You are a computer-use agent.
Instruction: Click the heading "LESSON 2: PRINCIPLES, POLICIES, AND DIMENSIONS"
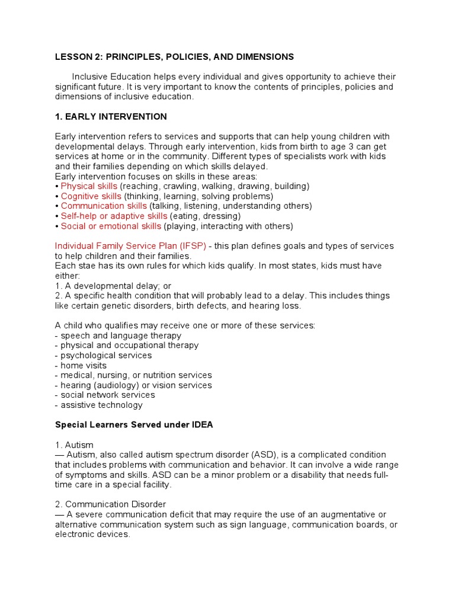tap(174, 57)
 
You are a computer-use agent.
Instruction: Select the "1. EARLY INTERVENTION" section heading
tap(111, 117)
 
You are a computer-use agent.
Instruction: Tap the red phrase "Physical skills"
tap(89, 186)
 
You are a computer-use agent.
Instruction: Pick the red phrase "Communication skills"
tap(104, 206)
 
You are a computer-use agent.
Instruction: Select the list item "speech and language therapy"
tap(118, 336)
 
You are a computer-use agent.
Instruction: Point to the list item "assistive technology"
tap(98, 405)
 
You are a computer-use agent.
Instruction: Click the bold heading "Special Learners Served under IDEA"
tap(134, 425)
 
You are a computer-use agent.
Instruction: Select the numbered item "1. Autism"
tap(74, 445)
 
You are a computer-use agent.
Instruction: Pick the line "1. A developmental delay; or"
tap(113, 286)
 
